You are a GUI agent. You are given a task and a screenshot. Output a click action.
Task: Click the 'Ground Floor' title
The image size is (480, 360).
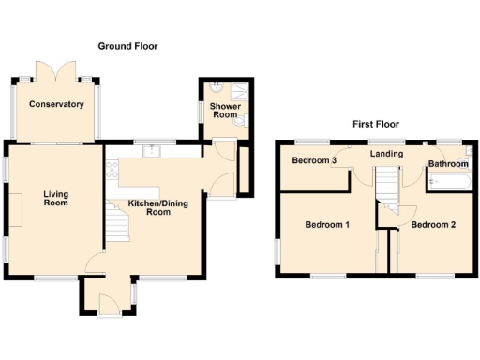[128, 46]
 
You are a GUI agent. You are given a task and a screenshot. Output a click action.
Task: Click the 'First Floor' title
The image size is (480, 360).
[377, 124]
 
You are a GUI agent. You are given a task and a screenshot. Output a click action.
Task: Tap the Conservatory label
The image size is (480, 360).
[56, 104]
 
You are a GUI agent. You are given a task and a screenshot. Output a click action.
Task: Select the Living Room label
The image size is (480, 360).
[56, 199]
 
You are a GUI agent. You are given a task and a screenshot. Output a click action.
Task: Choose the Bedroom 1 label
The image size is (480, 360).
[327, 225]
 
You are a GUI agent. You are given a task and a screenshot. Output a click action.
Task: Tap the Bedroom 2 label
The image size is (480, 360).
[433, 225]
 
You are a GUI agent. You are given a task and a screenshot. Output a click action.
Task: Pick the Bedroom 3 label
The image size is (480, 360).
[314, 160]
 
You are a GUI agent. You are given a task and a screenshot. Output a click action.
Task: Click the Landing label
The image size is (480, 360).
[386, 154]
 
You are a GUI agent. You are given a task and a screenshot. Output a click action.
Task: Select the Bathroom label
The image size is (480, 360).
[448, 164]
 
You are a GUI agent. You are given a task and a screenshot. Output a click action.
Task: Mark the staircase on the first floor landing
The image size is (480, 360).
[386, 184]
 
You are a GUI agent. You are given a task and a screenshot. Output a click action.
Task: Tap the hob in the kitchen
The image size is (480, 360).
[113, 170]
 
